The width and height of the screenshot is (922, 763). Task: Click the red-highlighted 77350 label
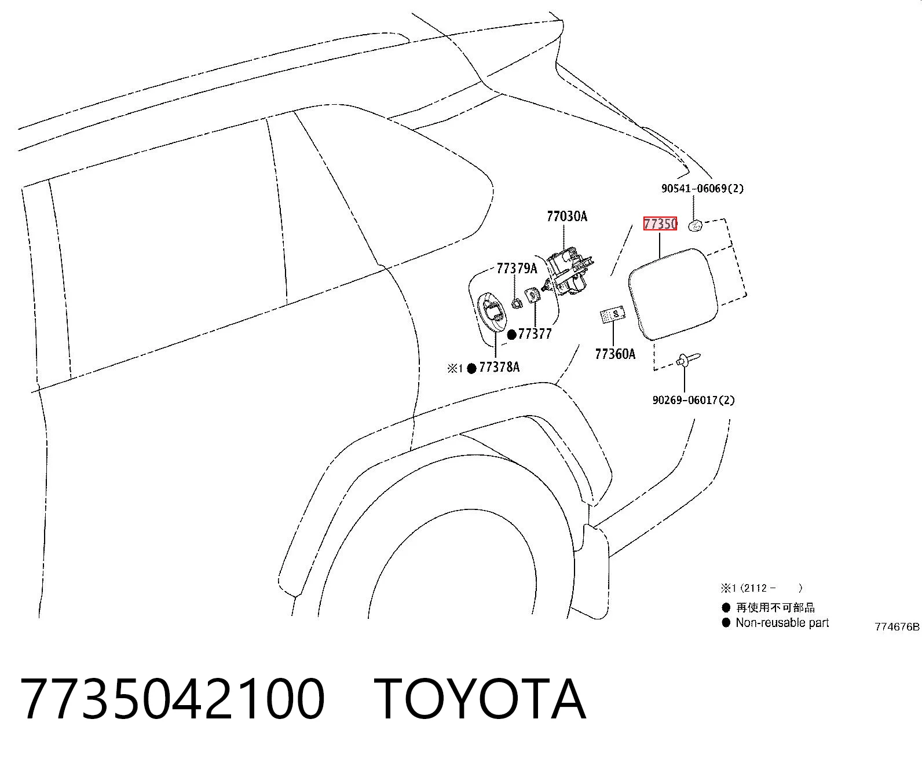(660, 224)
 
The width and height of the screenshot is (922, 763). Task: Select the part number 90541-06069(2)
(702, 189)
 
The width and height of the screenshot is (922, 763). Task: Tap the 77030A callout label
(567, 217)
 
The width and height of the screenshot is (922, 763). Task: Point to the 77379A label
(517, 268)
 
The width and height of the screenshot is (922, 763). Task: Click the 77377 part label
(535, 334)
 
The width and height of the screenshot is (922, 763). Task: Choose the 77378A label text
(499, 367)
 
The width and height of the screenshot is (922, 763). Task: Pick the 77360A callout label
(615, 354)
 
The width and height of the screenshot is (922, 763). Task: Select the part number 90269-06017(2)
(693, 400)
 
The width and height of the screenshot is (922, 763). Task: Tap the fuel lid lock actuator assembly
(569, 272)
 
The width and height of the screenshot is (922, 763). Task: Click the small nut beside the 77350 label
(696, 226)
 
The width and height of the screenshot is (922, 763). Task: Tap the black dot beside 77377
(512, 335)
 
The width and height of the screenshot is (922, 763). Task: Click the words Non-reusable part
(782, 622)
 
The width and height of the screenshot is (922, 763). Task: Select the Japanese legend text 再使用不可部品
(775, 608)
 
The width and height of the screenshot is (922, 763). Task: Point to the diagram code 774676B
(897, 626)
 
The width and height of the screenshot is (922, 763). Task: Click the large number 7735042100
(173, 699)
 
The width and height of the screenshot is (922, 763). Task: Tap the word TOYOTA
(480, 699)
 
